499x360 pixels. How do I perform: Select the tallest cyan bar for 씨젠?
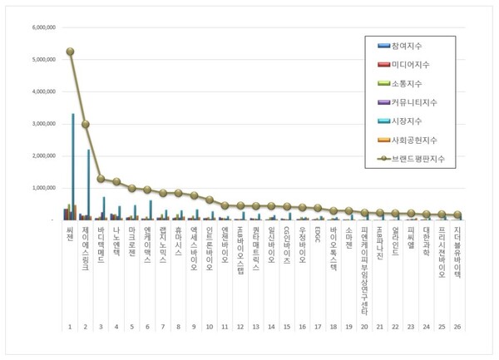click(x=73, y=166)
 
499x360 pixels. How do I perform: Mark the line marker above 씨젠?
click(x=71, y=52)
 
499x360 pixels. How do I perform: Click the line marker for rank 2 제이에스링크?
click(x=86, y=124)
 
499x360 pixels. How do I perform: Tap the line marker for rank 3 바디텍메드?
click(x=101, y=179)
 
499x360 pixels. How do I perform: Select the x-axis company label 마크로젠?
click(x=132, y=239)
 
